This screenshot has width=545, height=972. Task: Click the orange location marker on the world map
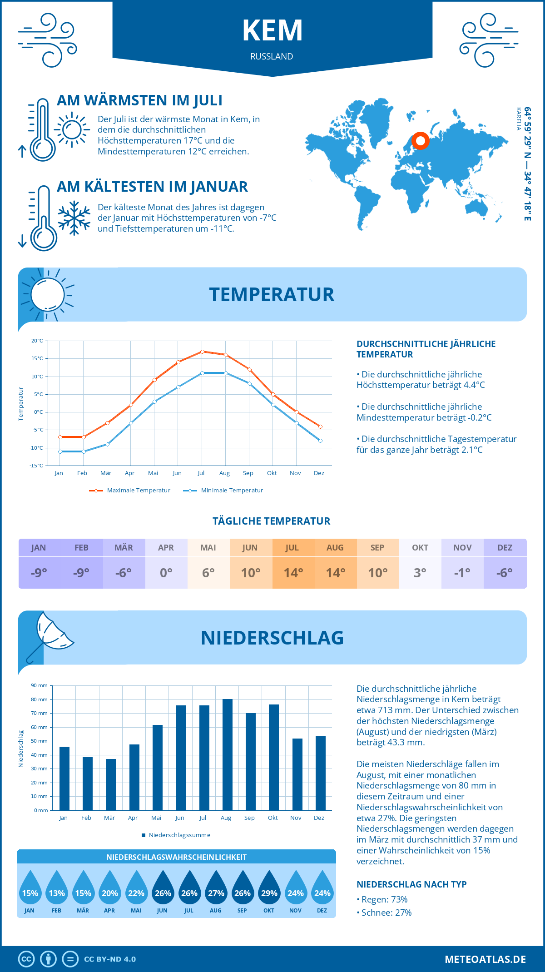tap(421, 141)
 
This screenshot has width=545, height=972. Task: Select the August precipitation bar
tap(227, 755)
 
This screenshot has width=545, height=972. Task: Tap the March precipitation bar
tap(111, 784)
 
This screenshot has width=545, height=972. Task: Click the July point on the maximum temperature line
tap(202, 352)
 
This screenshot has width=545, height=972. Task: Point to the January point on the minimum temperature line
tap(60, 451)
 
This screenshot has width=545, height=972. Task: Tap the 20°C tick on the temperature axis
tap(37, 341)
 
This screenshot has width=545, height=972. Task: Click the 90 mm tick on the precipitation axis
tap(40, 685)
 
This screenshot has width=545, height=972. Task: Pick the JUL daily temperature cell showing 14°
tap(293, 573)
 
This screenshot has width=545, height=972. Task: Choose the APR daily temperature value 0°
tap(166, 573)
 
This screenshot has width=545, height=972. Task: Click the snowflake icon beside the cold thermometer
tap(74, 218)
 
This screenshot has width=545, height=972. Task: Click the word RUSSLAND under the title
tap(272, 56)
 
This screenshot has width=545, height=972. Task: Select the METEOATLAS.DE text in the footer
tap(485, 959)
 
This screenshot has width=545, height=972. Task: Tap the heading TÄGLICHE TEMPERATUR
tap(272, 521)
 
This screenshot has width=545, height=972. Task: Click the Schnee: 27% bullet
tap(386, 912)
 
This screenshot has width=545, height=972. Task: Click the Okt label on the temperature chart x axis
tap(272, 473)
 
